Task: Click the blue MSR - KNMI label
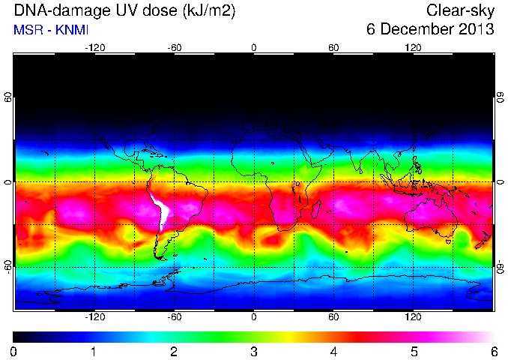point(51,30)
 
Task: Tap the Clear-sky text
point(460,10)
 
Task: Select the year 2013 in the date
point(476,29)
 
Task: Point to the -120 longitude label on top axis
point(95,48)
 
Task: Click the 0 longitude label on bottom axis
point(254,316)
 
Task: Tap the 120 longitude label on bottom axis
point(413,316)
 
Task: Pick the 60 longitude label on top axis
point(333,48)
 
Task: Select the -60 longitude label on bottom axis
point(175,316)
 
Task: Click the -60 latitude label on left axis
point(8,267)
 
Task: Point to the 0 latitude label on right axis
point(501,182)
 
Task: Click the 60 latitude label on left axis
point(8,97)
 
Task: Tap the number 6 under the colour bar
point(494,352)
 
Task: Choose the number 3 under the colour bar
point(254,352)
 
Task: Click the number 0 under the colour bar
point(13,352)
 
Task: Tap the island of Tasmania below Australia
point(449,242)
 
